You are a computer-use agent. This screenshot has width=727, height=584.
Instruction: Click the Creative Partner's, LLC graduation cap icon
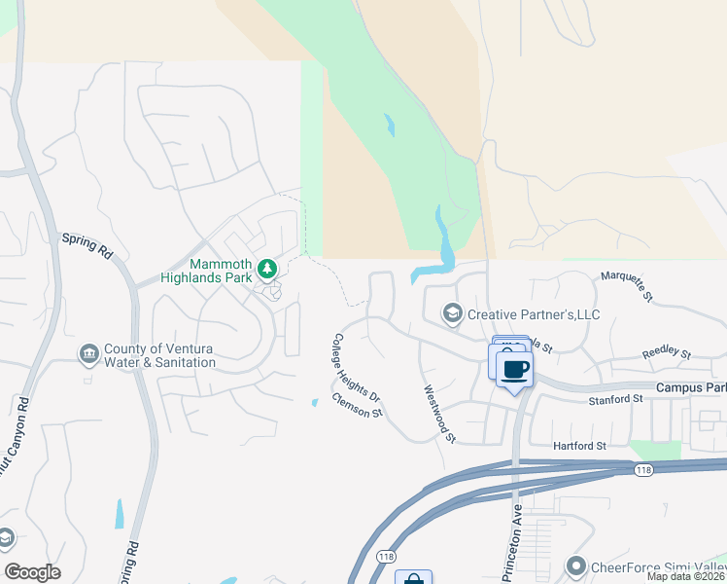(452, 313)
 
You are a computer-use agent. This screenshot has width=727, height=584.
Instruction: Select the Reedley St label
(666, 355)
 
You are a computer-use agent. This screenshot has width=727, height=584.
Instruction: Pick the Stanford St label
(616, 399)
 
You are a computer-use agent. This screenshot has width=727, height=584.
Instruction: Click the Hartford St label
(579, 445)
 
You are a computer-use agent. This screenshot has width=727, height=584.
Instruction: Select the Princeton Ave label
(512, 542)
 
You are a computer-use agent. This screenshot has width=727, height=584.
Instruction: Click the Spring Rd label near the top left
(87, 244)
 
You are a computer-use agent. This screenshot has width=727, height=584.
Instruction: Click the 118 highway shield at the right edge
(642, 471)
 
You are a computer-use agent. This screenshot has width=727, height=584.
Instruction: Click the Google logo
(33, 572)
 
